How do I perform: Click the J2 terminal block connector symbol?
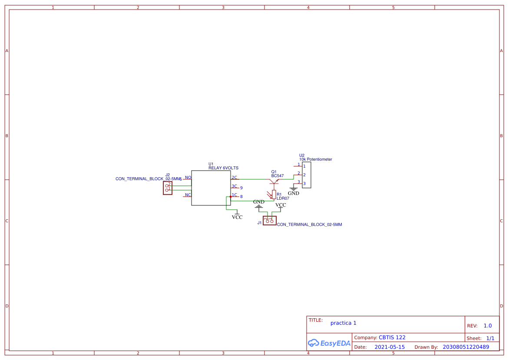168,188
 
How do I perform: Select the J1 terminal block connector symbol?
270,220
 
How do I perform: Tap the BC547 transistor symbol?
274,181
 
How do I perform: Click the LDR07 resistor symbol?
274,194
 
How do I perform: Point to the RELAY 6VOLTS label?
223,168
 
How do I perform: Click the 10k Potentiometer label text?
315,159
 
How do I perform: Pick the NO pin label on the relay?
188,177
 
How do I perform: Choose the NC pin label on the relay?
188,195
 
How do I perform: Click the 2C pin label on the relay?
234,177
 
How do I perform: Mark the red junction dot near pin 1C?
231,197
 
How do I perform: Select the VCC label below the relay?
237,217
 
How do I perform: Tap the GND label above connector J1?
259,202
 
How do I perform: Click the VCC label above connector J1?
281,205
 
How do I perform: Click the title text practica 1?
343,323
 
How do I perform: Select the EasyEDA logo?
329,343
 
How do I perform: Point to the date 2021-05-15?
390,347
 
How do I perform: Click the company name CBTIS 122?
392,337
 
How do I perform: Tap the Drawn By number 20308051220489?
466,347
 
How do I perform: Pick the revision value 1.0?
488,326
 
